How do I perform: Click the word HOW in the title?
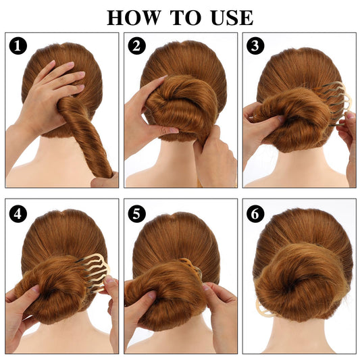(133, 18)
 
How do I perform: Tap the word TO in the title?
(186, 18)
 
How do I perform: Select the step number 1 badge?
(18, 45)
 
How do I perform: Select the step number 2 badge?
(137, 45)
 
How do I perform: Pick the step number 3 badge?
(255, 45)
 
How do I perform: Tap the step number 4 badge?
(18, 213)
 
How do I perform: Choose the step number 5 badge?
(137, 213)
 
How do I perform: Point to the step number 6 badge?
(255, 213)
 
